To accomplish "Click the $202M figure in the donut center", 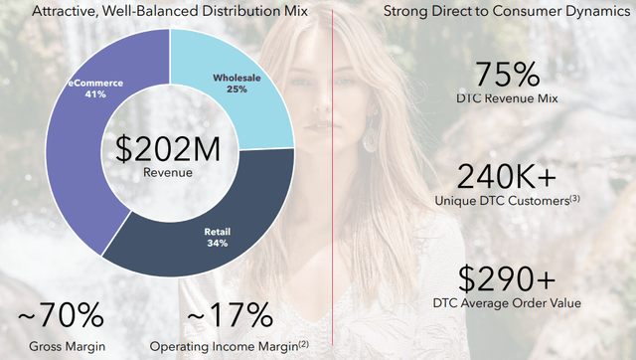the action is [168, 149].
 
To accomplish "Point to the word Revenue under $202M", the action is [168, 172].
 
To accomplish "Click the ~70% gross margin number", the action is [61, 314].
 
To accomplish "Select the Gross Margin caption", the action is [68, 347].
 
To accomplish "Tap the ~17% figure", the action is [230, 314].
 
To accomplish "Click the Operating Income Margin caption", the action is [225, 347].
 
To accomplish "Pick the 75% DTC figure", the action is [507, 75].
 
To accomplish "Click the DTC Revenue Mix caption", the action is [507, 98].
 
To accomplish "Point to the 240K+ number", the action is [507, 177].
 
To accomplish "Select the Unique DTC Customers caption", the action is [502, 201].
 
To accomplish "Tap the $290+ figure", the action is [507, 278].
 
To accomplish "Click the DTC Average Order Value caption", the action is [507, 303].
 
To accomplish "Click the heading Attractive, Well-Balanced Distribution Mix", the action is [170, 11].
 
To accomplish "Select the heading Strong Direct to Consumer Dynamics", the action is [507, 11].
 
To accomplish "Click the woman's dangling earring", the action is [370, 136].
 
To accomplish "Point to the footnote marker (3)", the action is [575, 199].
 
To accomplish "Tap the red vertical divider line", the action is [333, 177].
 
